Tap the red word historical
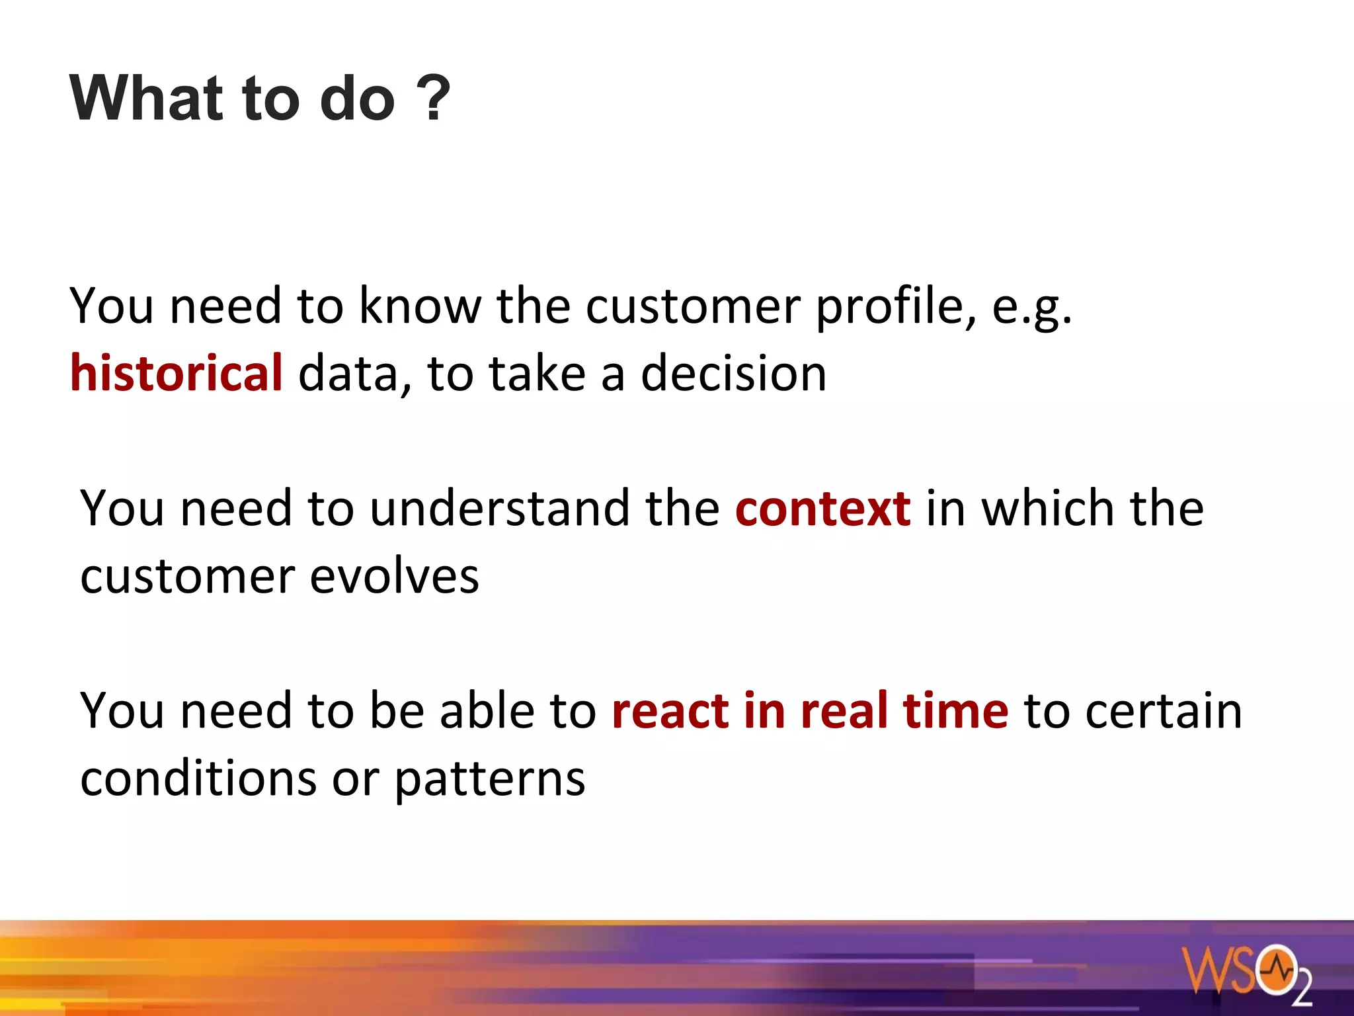pyautogui.click(x=177, y=373)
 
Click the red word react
pyautogui.click(x=670, y=710)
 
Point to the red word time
pyautogui.click(x=955, y=710)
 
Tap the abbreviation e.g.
pyautogui.click(x=1031, y=307)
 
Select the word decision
pyautogui.click(x=733, y=373)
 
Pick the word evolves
pyautogui.click(x=394, y=577)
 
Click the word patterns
pyautogui.click(x=489, y=779)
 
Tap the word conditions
pyautogui.click(x=198, y=779)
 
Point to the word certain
pyautogui.click(x=1164, y=710)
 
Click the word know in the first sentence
pyautogui.click(x=419, y=307)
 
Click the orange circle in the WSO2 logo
pyautogui.click(x=1277, y=970)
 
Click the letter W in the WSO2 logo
pyautogui.click(x=1203, y=970)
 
